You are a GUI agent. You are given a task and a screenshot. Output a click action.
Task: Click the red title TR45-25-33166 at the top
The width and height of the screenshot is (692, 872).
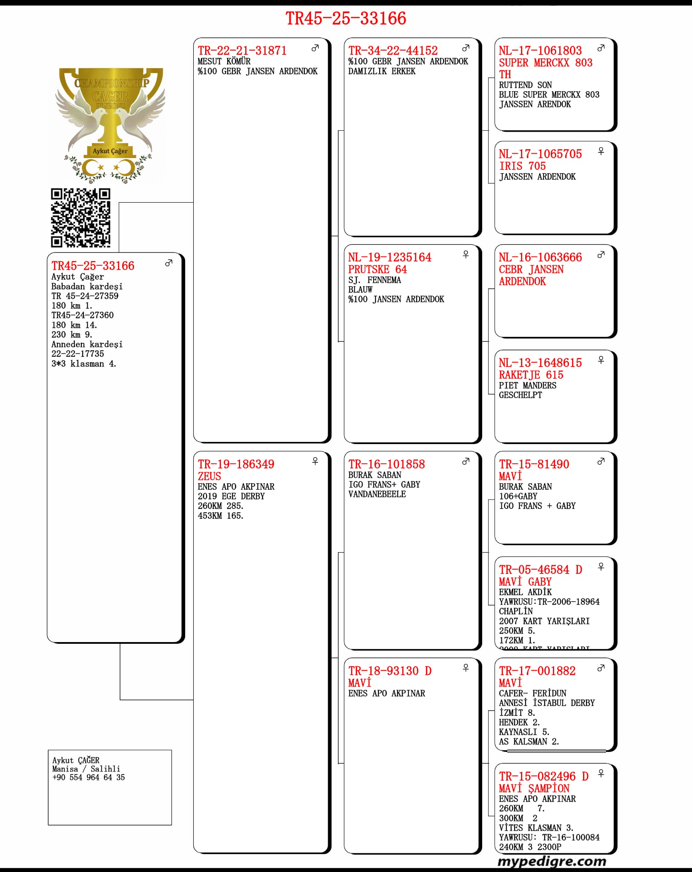coord(346,19)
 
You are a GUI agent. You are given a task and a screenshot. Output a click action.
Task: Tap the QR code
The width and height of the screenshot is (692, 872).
coord(80,218)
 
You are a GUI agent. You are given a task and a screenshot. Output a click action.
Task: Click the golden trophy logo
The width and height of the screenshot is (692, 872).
coord(110,123)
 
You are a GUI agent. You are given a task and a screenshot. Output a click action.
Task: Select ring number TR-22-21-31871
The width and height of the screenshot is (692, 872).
coord(242,51)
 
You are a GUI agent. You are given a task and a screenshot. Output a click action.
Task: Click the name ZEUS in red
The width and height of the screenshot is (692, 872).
coord(209,476)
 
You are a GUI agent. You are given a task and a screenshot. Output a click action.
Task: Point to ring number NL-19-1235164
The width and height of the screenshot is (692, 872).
coord(389,257)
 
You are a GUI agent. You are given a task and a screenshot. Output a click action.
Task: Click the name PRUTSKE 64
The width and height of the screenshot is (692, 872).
coord(377,269)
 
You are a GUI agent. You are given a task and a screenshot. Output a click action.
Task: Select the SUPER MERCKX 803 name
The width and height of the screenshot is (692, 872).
coord(545,63)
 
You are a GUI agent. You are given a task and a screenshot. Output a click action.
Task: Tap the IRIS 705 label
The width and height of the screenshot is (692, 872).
coord(522,166)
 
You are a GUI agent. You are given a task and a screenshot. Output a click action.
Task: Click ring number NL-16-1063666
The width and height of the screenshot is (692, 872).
coord(540,257)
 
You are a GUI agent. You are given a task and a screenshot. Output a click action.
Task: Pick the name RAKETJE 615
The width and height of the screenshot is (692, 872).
coord(531,375)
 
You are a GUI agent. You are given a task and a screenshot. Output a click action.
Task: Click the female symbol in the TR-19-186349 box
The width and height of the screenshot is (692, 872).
coord(315,461)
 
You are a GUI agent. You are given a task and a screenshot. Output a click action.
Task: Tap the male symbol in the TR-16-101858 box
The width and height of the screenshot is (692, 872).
coord(466,461)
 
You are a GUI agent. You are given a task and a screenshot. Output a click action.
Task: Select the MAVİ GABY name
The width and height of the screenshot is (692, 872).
coord(525,582)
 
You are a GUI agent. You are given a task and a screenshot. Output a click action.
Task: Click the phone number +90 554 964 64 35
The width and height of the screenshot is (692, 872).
coord(89,777)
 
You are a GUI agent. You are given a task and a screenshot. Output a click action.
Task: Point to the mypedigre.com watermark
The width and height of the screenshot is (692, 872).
coord(552,861)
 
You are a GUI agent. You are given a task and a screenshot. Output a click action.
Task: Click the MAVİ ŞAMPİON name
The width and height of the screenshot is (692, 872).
coord(534,788)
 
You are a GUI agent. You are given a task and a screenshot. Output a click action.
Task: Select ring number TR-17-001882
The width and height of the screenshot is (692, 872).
coord(537,671)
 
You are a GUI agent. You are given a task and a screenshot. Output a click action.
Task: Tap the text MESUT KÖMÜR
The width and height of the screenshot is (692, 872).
coord(224,61)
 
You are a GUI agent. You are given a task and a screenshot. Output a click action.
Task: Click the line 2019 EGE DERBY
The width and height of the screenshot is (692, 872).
coord(231,496)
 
